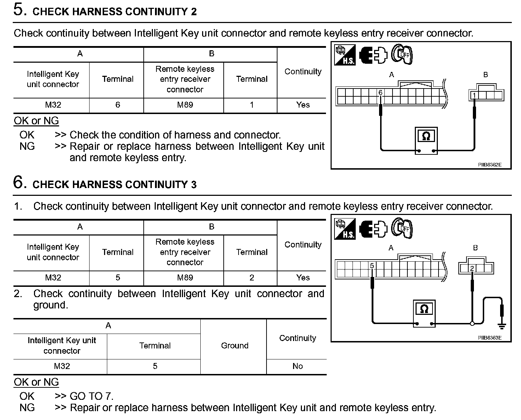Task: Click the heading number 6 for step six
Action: (19, 182)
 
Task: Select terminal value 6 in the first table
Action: (118, 105)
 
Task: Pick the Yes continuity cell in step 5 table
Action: (303, 105)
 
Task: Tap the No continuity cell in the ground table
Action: (297, 367)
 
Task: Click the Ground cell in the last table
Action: (234, 346)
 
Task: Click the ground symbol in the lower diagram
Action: (502, 325)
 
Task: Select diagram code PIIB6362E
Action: (489, 165)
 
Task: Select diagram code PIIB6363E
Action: (489, 338)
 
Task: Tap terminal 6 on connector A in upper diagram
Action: (380, 93)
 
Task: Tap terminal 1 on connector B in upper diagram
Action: (474, 95)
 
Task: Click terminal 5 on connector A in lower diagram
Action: (372, 266)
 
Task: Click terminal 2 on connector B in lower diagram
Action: (472, 268)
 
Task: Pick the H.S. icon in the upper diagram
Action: (345, 55)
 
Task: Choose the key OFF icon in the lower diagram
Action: (402, 228)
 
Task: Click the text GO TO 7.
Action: (92, 396)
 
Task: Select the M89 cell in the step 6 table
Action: (185, 278)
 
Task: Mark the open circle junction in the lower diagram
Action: (472, 323)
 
